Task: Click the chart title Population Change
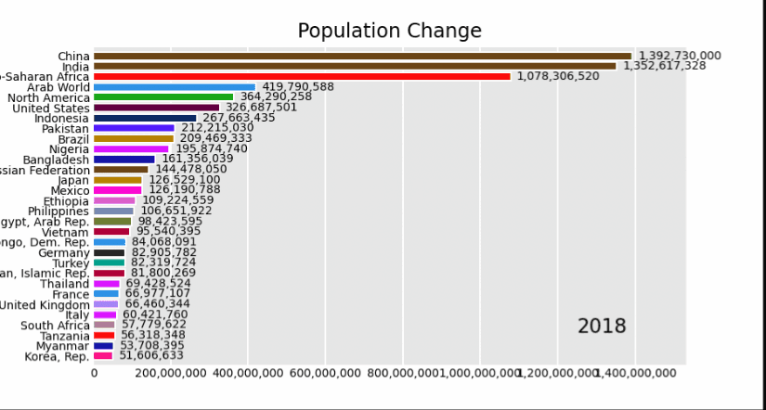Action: [x=389, y=31]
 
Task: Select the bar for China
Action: [x=362, y=56]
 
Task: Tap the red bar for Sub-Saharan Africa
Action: [x=302, y=76]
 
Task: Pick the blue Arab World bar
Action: [x=175, y=86]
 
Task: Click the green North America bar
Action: [x=163, y=96]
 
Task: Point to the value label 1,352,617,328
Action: [x=664, y=66]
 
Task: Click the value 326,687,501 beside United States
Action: [x=261, y=108]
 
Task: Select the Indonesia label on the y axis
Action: [x=61, y=118]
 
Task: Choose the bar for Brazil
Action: [x=134, y=138]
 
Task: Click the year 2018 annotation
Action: [x=602, y=327]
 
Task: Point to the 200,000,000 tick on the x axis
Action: [x=171, y=373]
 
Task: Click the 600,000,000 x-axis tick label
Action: [x=325, y=373]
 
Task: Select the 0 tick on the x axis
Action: [x=94, y=373]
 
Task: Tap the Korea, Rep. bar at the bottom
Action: [x=103, y=355]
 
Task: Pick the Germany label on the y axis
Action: [x=64, y=252]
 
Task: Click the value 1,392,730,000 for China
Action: [x=679, y=56]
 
